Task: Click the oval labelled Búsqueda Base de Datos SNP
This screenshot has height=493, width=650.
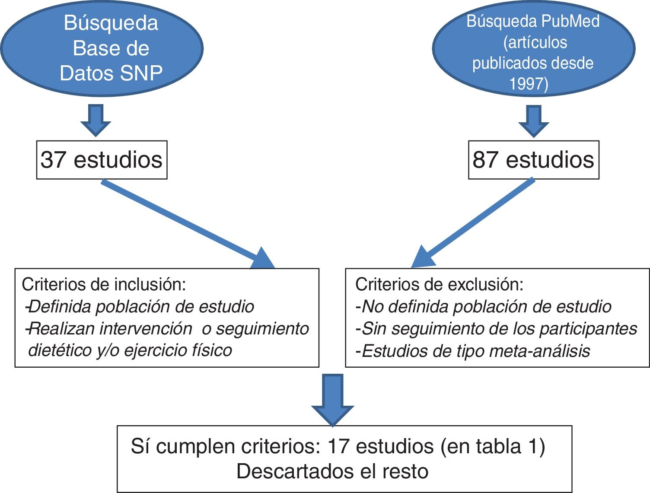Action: tap(102, 48)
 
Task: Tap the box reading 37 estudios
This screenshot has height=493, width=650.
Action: tap(102, 159)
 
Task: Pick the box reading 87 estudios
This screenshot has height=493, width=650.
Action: tap(534, 159)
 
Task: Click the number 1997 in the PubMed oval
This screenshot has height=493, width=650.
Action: tap(526, 83)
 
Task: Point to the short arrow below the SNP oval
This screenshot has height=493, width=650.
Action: tap(96, 120)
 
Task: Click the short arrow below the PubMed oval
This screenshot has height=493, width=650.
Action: tap(534, 121)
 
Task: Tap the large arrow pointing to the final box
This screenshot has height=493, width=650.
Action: tap(333, 400)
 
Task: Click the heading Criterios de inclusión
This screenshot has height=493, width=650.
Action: tap(104, 285)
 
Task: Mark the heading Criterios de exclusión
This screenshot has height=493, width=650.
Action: tap(439, 285)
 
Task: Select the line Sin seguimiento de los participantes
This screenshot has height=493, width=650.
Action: tap(497, 329)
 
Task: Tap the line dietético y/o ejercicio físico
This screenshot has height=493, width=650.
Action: tap(130, 350)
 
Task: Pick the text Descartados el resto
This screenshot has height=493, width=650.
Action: tap(332, 471)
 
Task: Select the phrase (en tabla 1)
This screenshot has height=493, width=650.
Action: tap(493, 446)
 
